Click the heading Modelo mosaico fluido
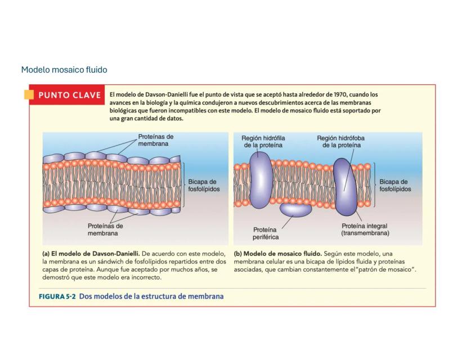point(64,70)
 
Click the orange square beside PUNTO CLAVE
point(28,94)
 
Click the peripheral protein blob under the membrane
point(296,210)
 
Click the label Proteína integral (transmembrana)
point(365,229)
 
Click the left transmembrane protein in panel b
point(260,179)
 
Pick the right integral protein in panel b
point(345,186)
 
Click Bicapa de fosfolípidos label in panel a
point(204,186)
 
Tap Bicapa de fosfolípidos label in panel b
point(395,186)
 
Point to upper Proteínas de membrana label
point(156,140)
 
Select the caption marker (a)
point(47,254)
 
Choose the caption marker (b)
point(238,254)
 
